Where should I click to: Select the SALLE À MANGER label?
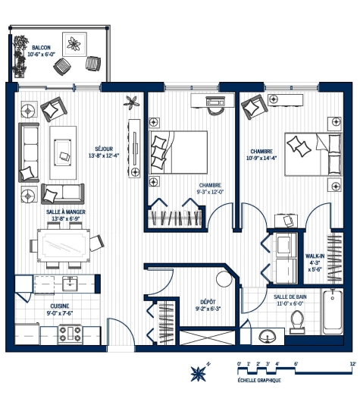[64, 212]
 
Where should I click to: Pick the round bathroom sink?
[266, 335]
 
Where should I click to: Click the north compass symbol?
[199, 372]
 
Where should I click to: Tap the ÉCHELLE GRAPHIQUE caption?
[259, 379]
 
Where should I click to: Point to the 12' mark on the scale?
[353, 364]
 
